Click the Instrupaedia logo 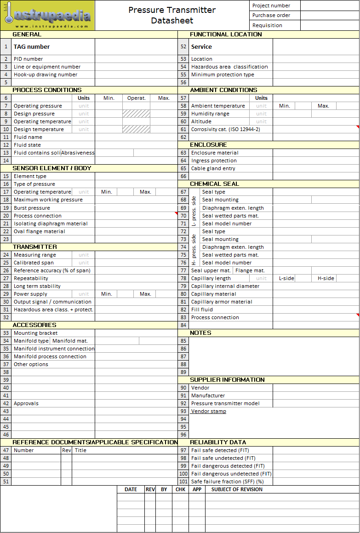tap(48, 16)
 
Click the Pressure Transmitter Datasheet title tap(172, 15)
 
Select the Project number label tap(271, 6)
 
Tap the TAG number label tap(32, 46)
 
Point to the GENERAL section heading tap(27, 34)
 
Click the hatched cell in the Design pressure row tap(136, 114)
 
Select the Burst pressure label tap(32, 208)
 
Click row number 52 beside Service tap(183, 46)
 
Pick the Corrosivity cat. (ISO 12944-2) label tap(225, 129)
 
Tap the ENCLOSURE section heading tap(208, 145)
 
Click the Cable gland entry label tap(213, 168)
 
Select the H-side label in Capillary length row tap(326, 278)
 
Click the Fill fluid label tap(202, 309)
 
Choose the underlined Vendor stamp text tap(209, 411)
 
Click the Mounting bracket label tap(35, 333)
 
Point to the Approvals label tap(26, 403)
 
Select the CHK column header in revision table tap(181, 489)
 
